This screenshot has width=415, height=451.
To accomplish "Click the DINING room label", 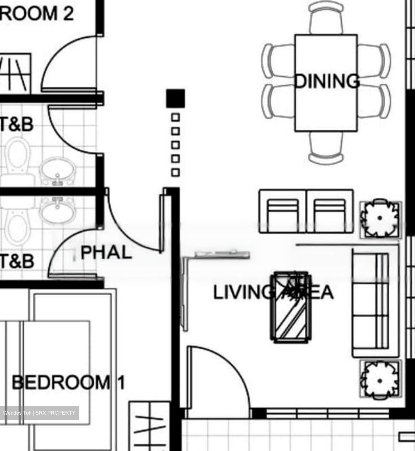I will point(327,81).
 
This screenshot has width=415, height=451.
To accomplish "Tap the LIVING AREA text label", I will point(273,292).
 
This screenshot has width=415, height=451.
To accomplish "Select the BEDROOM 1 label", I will point(68,382).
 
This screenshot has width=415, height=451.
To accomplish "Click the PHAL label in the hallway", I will point(106,252).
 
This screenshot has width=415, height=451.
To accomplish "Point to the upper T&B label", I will point(16,124).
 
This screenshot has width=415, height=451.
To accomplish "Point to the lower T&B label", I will point(16,261).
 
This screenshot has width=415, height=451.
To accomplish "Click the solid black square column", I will point(176,98).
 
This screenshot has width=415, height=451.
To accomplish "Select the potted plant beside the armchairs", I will point(380,218).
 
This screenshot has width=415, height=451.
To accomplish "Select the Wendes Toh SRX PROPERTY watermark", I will point(39,413).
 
